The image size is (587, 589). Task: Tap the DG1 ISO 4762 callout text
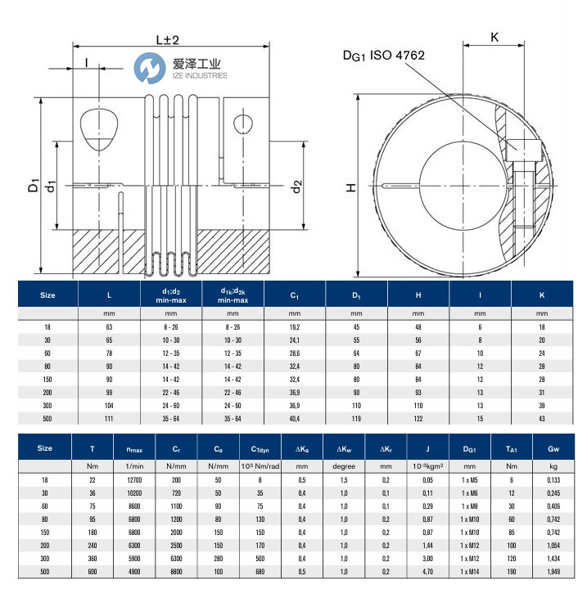tap(384, 55)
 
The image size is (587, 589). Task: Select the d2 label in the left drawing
tap(296, 187)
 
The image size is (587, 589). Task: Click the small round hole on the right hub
tap(242, 124)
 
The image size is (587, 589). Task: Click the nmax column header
tap(135, 448)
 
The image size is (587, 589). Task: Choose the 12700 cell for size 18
tap(135, 479)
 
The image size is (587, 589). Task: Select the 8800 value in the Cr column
tap(175, 570)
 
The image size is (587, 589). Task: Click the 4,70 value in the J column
tap(427, 570)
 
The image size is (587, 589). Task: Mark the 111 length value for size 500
tap(110, 418)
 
